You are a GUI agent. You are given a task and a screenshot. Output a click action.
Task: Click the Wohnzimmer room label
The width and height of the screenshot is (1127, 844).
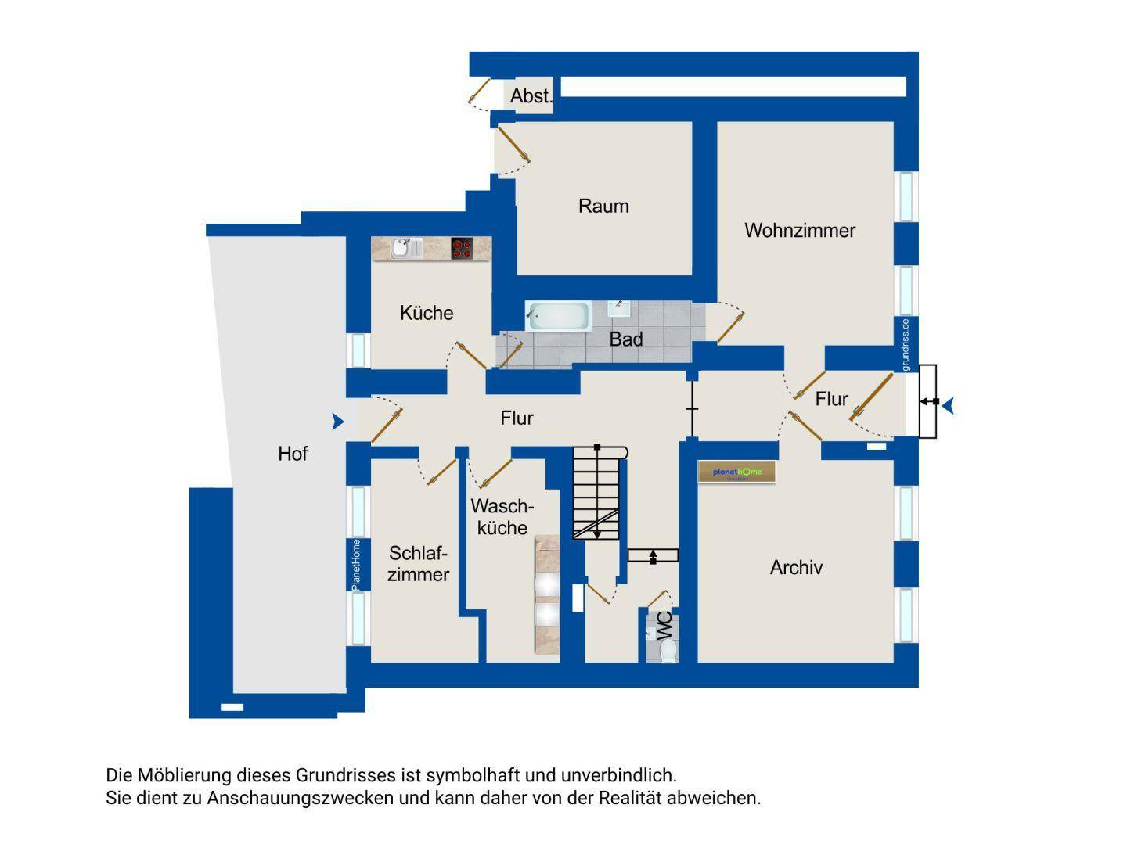coord(799,231)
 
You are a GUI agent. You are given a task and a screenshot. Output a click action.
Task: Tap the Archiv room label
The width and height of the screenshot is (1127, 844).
coord(796,567)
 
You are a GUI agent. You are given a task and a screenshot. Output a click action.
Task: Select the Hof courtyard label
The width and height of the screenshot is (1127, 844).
coord(293,454)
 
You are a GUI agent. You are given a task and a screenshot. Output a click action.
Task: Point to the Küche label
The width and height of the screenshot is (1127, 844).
coord(427,312)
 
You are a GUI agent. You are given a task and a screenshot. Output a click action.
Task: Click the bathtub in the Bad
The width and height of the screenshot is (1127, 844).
coord(558,315)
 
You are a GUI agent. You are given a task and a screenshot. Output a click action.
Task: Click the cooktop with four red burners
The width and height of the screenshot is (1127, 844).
coord(462,248)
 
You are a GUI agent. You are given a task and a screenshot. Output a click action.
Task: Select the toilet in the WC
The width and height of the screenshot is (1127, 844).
coord(668,651)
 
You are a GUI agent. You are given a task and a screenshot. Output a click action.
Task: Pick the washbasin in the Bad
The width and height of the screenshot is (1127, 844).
coord(619,308)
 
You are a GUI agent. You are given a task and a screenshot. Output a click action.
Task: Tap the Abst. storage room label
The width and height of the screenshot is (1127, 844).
coord(531,96)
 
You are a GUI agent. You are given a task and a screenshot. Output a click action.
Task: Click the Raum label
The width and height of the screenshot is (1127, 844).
coord(603,206)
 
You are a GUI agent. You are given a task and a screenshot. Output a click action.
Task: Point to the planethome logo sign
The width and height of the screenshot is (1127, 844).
coord(736,472)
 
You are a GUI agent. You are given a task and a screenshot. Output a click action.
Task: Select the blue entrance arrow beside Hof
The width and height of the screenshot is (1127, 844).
coord(338,422)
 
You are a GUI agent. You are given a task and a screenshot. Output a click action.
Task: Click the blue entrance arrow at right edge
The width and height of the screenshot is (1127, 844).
coord(949,406)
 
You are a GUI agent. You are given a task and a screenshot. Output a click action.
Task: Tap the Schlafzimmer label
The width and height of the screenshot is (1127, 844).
coord(418,564)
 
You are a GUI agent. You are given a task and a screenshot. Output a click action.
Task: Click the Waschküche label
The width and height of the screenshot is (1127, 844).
coord(502,517)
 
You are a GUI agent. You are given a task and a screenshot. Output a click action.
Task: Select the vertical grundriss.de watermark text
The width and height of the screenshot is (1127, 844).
coord(906,344)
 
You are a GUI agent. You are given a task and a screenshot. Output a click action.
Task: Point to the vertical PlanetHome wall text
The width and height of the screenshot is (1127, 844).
coord(355,565)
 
